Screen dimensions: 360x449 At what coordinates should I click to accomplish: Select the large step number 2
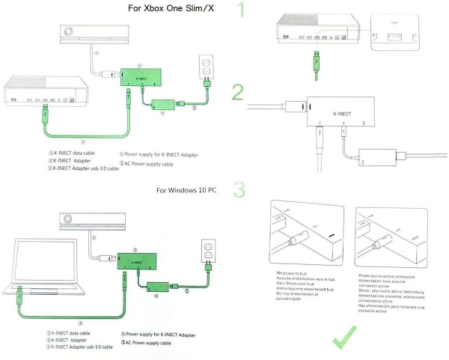pos(238,93)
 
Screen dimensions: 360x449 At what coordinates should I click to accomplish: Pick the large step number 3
pos(239,190)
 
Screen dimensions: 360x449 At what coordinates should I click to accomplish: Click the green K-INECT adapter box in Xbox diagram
pos(141,76)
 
